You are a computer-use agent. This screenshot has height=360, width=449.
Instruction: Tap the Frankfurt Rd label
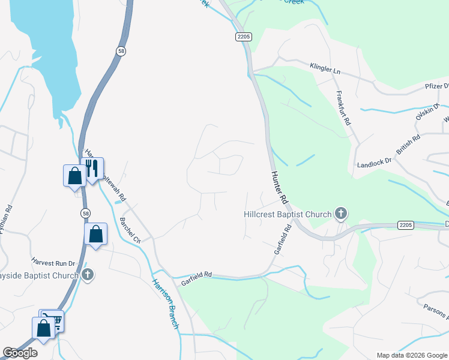tap(343, 107)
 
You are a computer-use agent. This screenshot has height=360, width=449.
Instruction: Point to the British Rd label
tap(408, 145)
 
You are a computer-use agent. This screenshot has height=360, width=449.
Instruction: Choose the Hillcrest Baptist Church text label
tap(288, 214)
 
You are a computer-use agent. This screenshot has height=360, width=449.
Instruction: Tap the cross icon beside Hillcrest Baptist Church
tap(341, 213)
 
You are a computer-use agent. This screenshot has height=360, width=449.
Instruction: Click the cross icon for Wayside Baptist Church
tap(88, 275)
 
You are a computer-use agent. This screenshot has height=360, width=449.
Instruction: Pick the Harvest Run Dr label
tap(53, 263)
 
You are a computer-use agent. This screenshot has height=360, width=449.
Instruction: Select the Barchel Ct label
tap(129, 230)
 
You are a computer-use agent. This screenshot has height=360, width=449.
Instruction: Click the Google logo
tap(20, 353)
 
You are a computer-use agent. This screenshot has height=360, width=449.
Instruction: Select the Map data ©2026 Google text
tap(412, 355)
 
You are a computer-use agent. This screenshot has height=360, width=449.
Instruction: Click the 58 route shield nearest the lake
tap(122, 52)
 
